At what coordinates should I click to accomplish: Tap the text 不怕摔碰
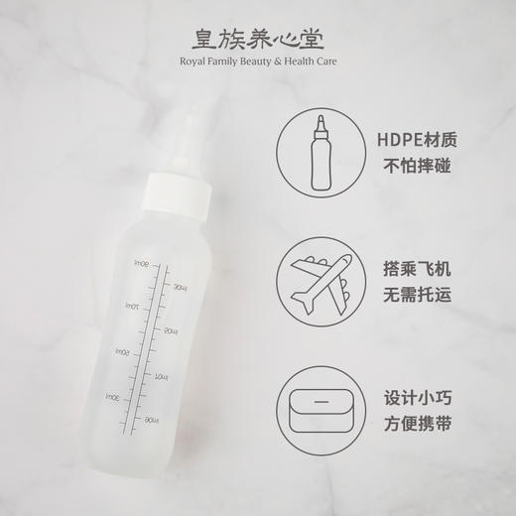418,165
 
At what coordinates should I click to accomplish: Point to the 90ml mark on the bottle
142,264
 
